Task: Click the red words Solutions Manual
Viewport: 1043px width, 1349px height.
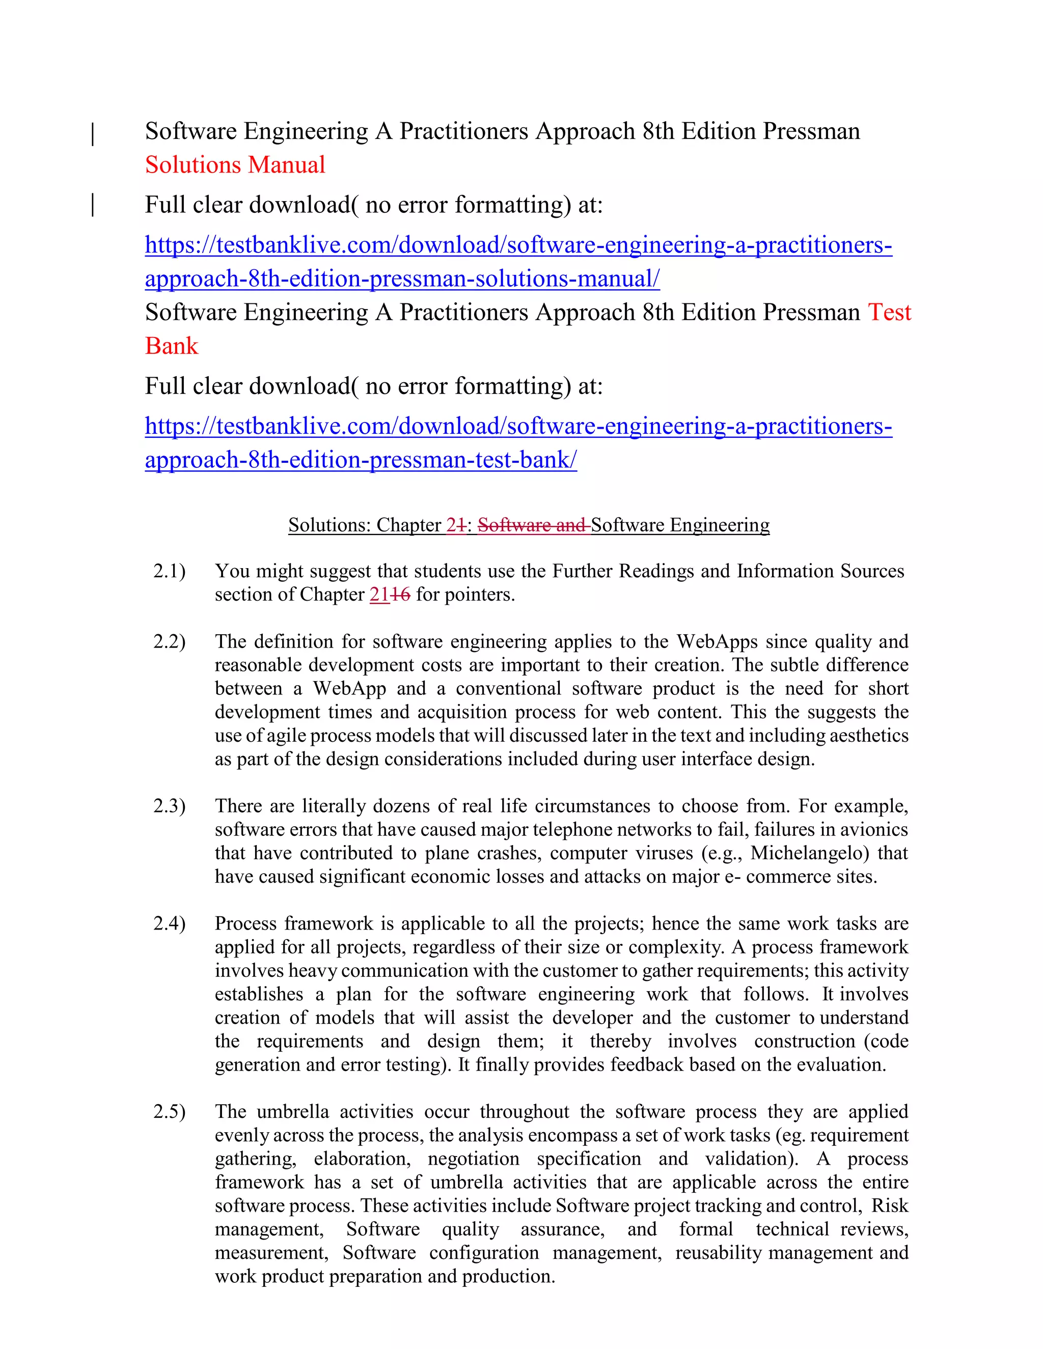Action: [x=235, y=165]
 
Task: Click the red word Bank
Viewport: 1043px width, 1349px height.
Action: [x=171, y=346]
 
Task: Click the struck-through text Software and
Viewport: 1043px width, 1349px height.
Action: [x=533, y=525]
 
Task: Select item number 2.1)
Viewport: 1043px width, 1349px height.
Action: [x=169, y=571]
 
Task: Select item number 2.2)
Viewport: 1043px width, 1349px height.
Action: [x=169, y=642]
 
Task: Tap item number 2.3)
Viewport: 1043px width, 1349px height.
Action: [x=169, y=806]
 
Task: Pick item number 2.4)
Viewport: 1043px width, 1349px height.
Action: [x=169, y=923]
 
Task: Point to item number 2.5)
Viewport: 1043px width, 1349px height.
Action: [x=169, y=1112]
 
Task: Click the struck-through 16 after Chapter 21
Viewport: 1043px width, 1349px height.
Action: [x=400, y=595]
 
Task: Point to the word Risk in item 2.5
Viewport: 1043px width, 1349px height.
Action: [x=890, y=1205]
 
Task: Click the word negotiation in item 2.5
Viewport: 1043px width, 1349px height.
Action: [x=473, y=1159]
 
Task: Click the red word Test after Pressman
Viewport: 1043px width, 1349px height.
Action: [x=889, y=313]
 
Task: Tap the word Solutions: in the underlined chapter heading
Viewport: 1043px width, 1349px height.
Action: [x=330, y=525]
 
